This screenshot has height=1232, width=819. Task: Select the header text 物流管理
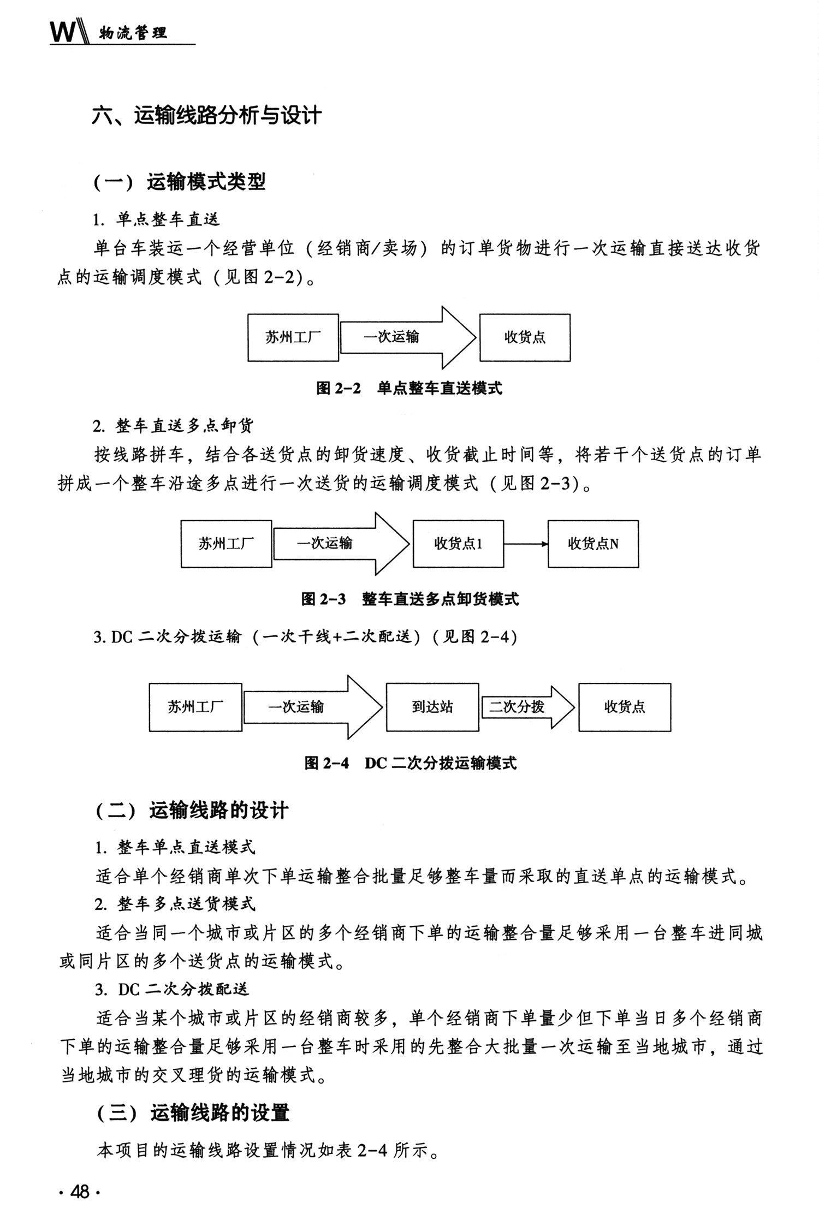(x=133, y=34)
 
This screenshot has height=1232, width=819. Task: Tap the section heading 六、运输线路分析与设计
(x=207, y=116)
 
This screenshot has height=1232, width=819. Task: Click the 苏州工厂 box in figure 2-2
(x=293, y=337)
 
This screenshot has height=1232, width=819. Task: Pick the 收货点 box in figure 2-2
(x=525, y=337)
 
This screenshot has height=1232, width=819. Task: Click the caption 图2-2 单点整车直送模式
(x=409, y=389)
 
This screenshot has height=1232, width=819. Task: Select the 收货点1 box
(x=458, y=544)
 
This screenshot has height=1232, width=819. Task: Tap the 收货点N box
(x=593, y=544)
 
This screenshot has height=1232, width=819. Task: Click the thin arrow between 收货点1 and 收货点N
(x=526, y=544)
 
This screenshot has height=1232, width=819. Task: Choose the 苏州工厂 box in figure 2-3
(x=226, y=544)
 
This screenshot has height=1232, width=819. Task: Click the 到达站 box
(x=432, y=707)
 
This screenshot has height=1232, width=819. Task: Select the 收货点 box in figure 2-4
(x=625, y=707)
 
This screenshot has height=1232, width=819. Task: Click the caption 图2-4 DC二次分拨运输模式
(x=410, y=763)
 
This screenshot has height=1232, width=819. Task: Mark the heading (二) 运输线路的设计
(x=192, y=811)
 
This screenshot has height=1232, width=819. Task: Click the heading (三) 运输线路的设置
(x=193, y=1114)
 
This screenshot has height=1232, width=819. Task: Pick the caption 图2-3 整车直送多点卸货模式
(x=410, y=599)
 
